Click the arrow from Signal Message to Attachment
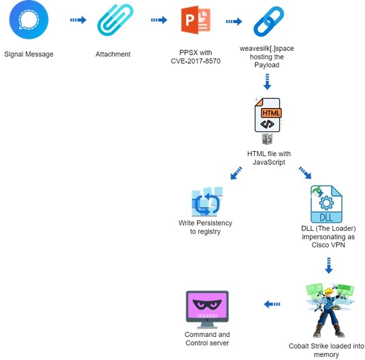point(78,21)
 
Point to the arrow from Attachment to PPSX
point(159,21)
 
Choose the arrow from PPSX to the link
point(233,22)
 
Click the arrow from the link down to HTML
point(267,82)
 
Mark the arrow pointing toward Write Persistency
point(236,174)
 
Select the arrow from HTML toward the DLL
point(304,174)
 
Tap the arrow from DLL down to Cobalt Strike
point(329,265)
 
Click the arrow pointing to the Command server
point(272,304)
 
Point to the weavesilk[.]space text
point(267,48)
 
